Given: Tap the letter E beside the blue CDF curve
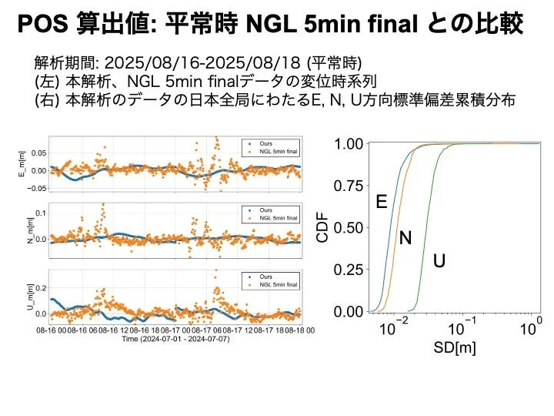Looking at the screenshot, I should pos(381,202).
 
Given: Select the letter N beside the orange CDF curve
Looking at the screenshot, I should pos(405,239).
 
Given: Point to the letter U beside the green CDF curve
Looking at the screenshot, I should pos(439,261).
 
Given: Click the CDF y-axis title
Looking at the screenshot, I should pos(324,228).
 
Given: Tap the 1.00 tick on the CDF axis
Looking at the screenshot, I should pos(348,144).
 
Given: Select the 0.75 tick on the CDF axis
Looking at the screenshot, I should pos(348,186).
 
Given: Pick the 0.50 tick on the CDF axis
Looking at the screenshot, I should pos(348,228).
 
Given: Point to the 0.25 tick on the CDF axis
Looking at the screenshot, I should pos(348,270).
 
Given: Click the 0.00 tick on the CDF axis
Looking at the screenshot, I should pos(348,312).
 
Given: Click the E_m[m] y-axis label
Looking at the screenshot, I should pos(22,164).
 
